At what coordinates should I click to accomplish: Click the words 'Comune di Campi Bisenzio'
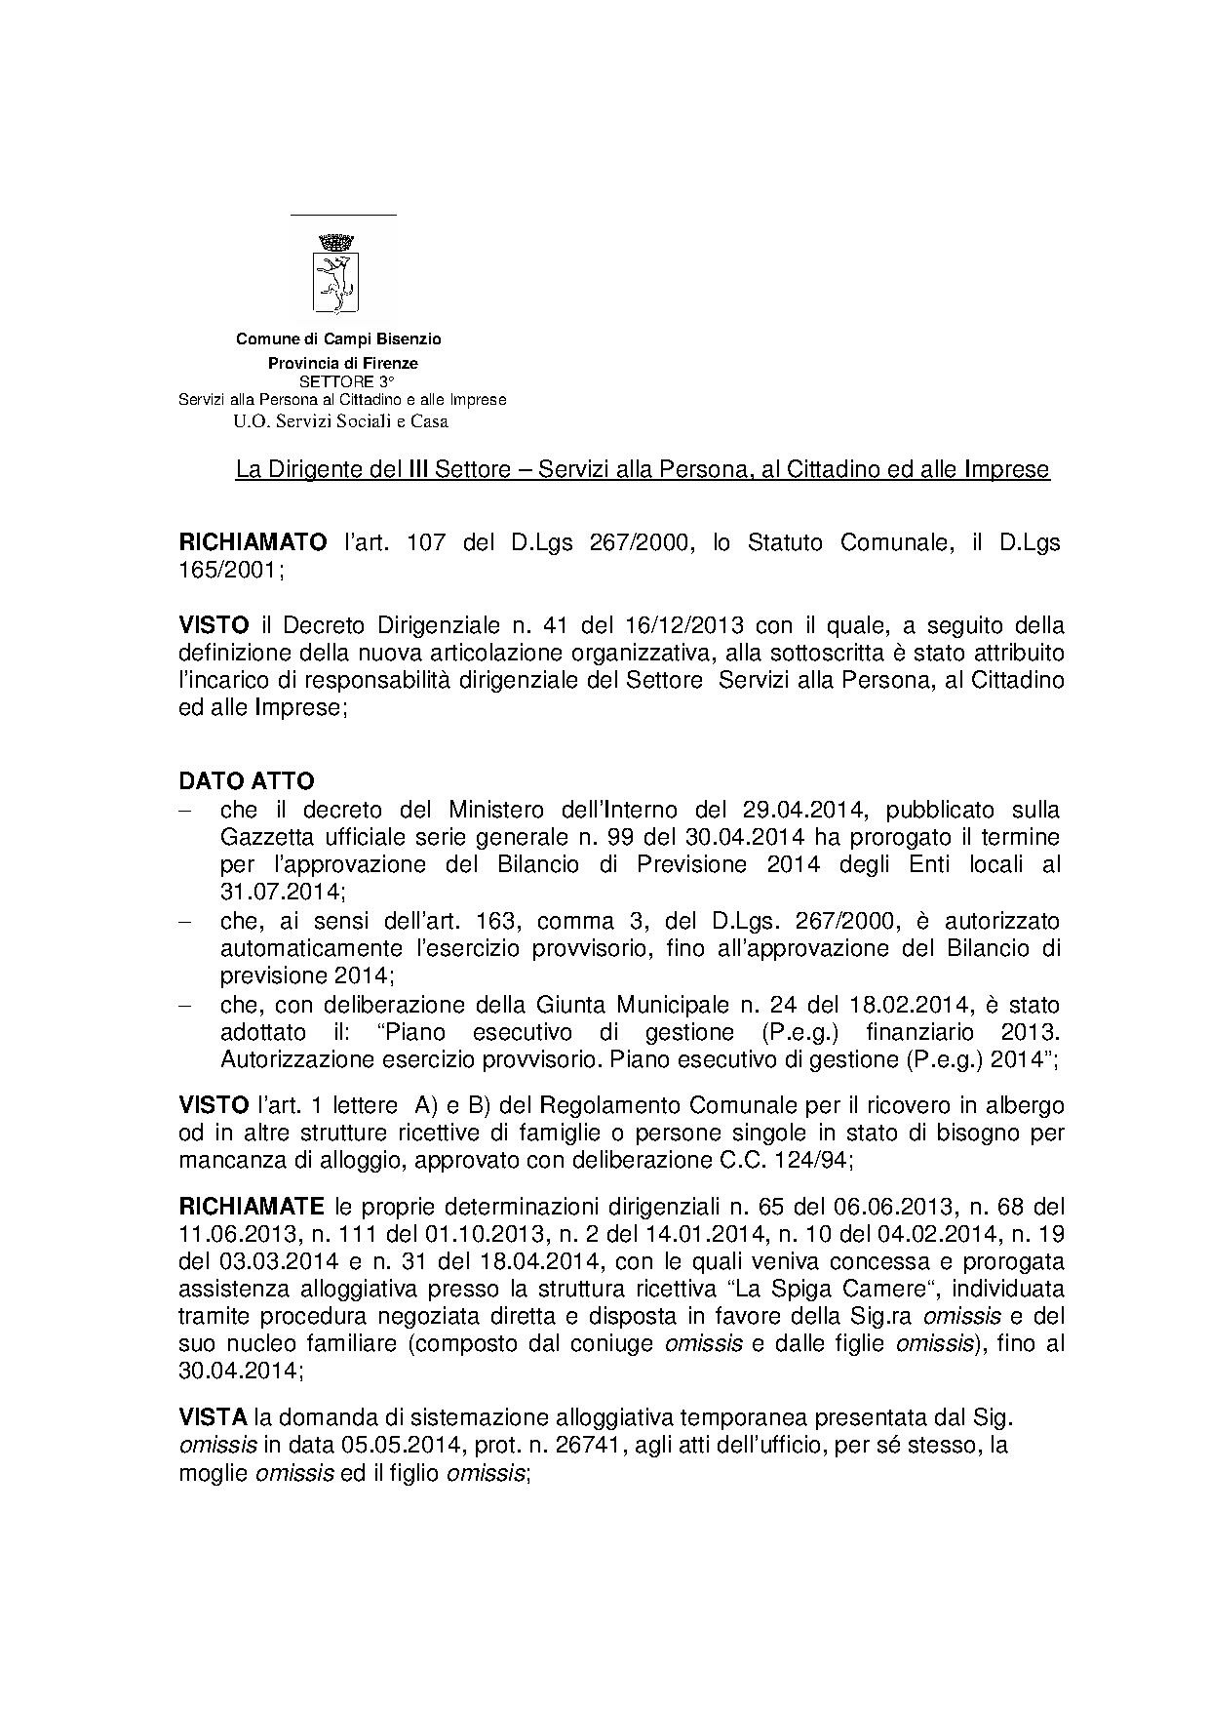[x=338, y=339]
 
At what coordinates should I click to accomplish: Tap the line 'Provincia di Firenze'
[x=343, y=363]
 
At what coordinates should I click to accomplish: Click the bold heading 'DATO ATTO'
[x=246, y=781]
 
